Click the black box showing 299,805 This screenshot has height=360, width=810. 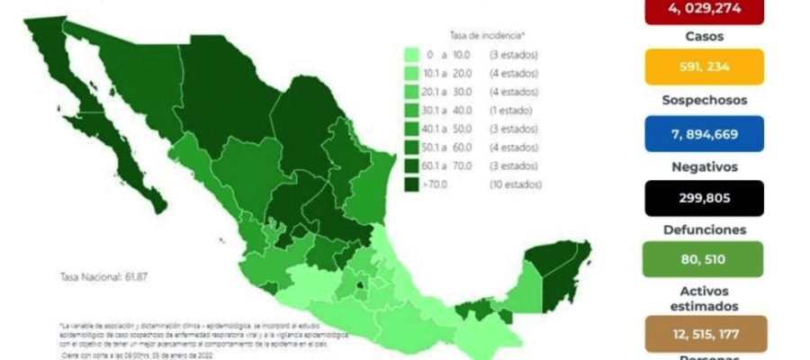pos(705,198)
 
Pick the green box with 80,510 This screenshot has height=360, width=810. pos(705,259)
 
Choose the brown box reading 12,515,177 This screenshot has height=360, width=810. pos(705,333)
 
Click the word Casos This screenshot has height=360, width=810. pos(705,37)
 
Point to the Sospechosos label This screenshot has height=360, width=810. pos(705,101)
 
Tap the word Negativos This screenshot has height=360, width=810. pos(705,166)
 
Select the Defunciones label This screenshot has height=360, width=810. pos(705,229)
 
